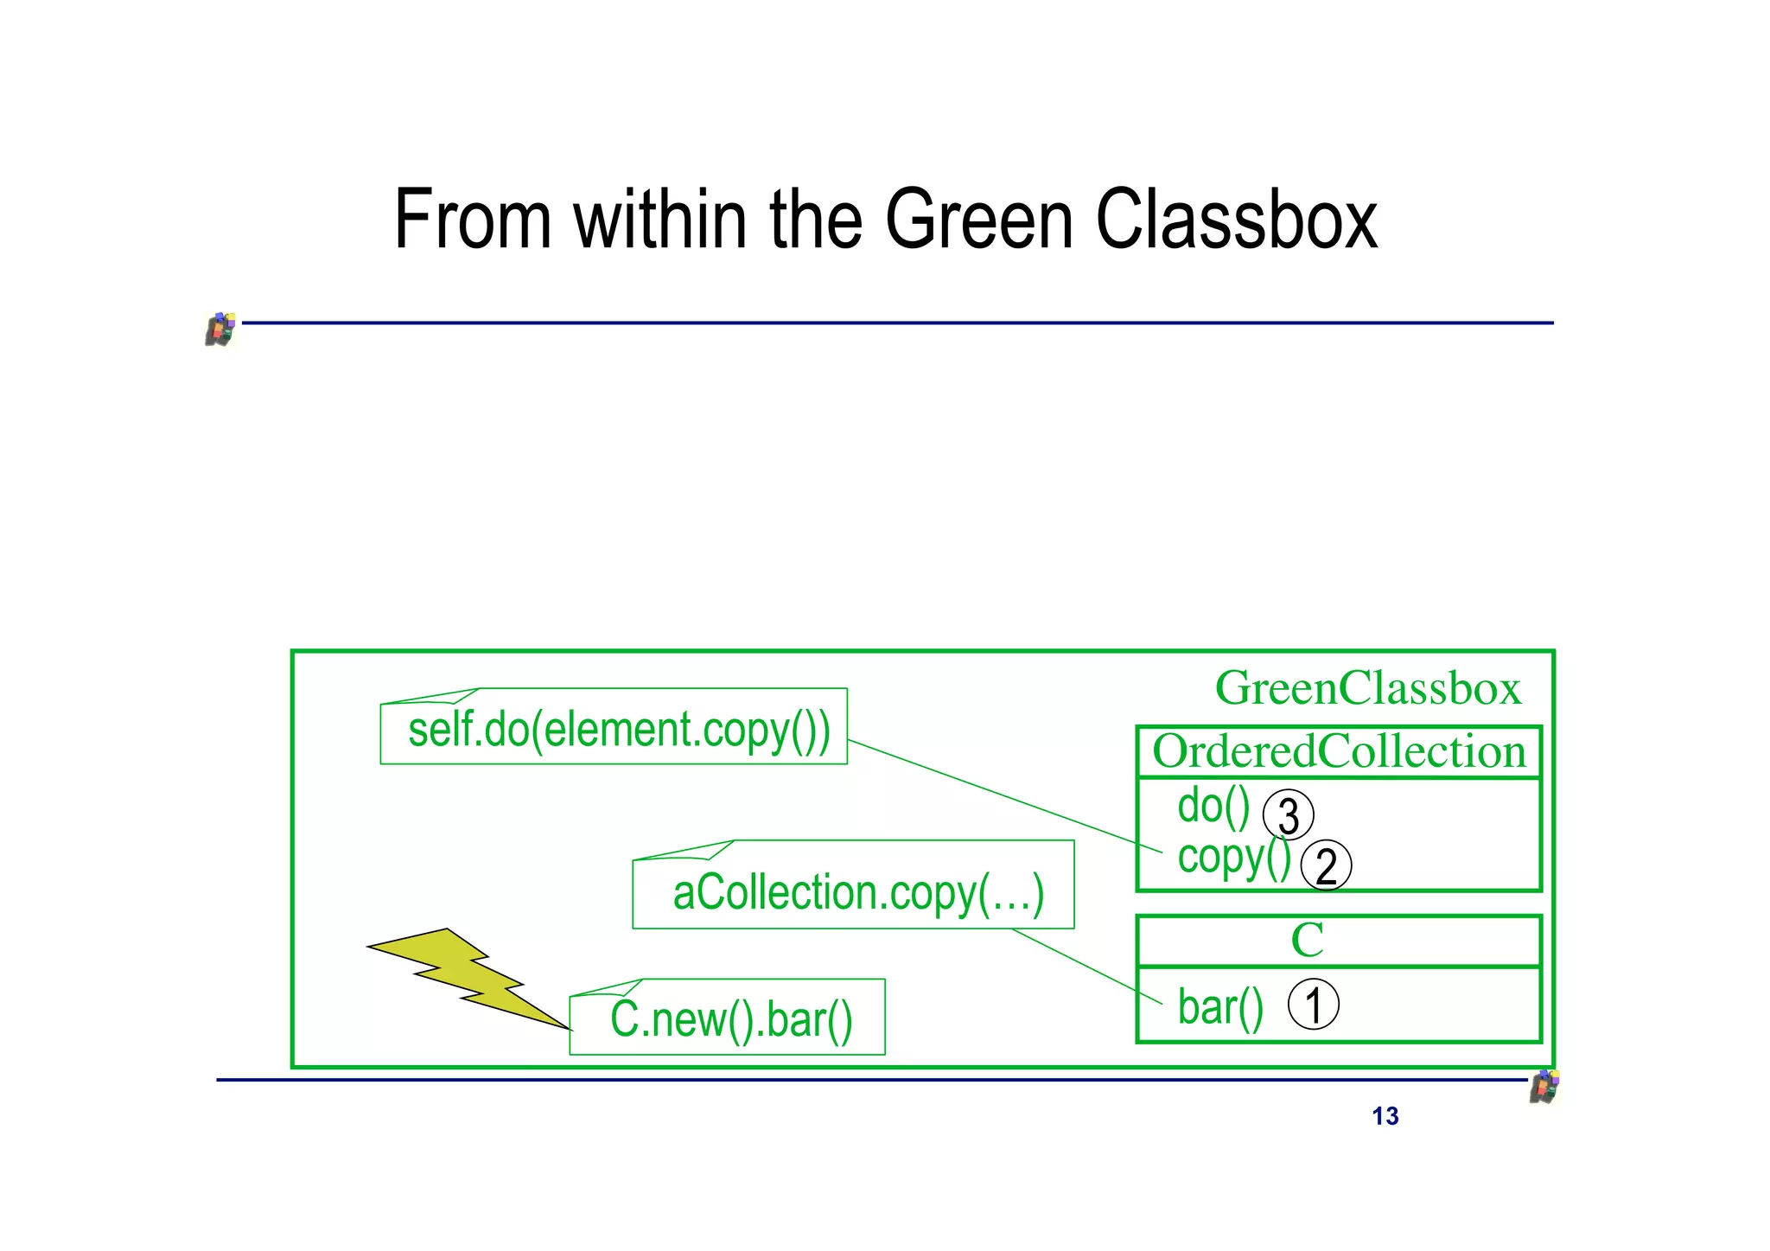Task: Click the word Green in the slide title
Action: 979,220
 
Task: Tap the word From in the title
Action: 472,220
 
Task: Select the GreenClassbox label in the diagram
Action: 1367,689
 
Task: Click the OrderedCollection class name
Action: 1339,752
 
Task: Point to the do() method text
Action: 1213,807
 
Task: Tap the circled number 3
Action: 1288,815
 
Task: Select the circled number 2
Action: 1326,866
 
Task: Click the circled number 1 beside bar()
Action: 1313,1005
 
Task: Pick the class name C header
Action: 1307,941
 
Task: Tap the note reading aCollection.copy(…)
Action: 857,892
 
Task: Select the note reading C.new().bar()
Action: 730,1019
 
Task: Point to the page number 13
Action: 1385,1117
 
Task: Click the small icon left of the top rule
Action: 220,329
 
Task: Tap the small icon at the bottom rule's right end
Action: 1544,1087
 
